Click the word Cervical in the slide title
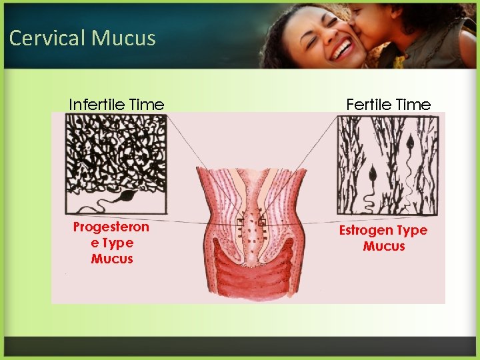(x=47, y=38)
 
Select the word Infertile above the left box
(x=99, y=105)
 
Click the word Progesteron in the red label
(x=111, y=227)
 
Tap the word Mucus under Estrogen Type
(x=383, y=247)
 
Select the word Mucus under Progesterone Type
(x=112, y=259)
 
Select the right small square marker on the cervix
(x=263, y=223)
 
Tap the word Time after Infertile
(x=148, y=105)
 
